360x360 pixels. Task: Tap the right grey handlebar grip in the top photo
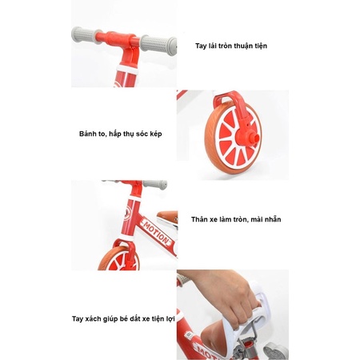pos(158,45)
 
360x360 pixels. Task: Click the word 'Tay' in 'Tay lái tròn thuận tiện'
pos(201,46)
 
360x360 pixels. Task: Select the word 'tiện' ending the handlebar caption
pos(260,46)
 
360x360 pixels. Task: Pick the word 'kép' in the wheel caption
pos(156,134)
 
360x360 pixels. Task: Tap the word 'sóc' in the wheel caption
pos(142,134)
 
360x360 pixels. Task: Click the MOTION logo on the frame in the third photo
pos(156,231)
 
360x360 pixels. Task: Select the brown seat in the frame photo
pos(168,215)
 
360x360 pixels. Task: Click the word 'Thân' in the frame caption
pos(199,219)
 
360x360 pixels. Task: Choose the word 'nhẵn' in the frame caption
pos(274,219)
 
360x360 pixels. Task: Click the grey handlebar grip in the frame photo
pos(155,184)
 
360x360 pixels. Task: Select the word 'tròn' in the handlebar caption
pos(225,46)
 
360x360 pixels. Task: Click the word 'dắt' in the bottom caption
pos(135,318)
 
